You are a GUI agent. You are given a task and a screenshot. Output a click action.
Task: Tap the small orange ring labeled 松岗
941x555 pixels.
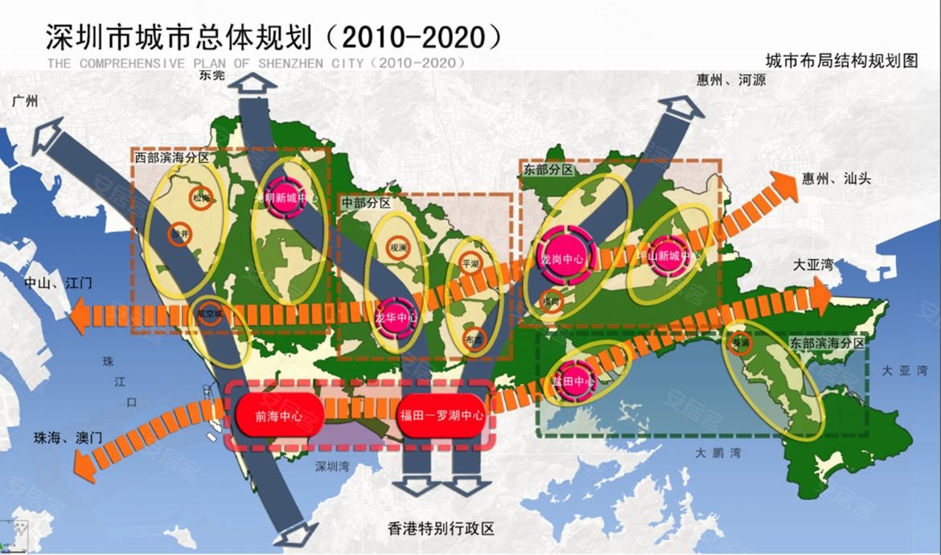[201, 198]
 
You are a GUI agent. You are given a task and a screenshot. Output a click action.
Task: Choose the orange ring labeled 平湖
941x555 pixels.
[469, 262]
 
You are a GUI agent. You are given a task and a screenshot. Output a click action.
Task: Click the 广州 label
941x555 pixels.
[25, 102]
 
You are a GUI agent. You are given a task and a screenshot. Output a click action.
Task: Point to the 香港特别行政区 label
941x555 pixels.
[440, 528]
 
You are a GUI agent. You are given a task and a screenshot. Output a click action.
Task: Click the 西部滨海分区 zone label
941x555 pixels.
[173, 158]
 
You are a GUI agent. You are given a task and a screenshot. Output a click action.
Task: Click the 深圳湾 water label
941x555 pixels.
[333, 465]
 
